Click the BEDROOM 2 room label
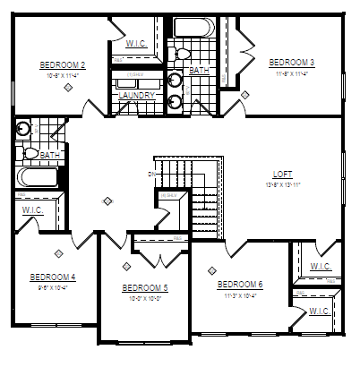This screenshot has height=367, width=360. click(63, 65)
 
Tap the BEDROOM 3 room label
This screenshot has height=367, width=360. click(292, 62)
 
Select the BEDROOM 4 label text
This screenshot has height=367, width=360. click(52, 277)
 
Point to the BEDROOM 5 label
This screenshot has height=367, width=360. click(145, 287)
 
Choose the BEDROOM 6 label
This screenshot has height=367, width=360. click(240, 285)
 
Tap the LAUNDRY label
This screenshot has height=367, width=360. click(137, 95)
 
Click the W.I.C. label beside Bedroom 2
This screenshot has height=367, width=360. click(137, 42)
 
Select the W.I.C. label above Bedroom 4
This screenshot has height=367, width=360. click(32, 210)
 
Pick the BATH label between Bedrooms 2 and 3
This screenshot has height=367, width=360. click(198, 70)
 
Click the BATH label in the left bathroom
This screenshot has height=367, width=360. click(50, 154)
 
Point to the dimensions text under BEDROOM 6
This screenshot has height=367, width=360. click(240, 294)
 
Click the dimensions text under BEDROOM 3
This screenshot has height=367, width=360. click(292, 73)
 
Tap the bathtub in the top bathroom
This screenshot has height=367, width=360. click(193, 28)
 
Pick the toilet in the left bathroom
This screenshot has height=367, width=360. click(29, 153)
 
